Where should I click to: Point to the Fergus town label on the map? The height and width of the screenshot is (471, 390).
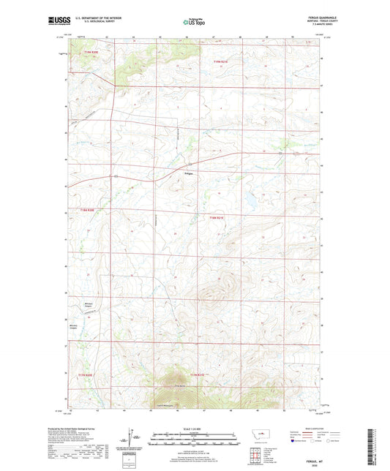187,173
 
